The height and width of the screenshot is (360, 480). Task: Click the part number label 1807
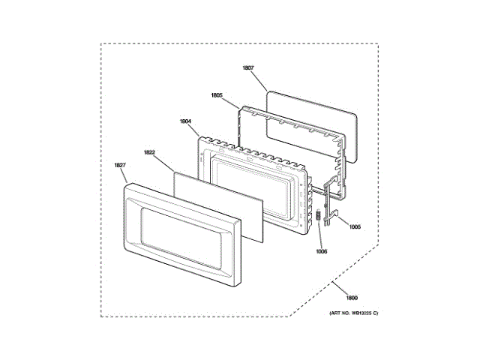pyautogui.click(x=247, y=68)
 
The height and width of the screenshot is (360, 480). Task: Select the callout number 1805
pyautogui.click(x=217, y=95)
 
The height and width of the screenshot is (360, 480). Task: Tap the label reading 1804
pyautogui.click(x=186, y=121)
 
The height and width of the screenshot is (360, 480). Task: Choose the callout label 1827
pyautogui.click(x=119, y=165)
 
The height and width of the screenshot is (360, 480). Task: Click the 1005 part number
pyautogui.click(x=355, y=226)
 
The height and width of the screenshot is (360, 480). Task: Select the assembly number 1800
pyautogui.click(x=342, y=297)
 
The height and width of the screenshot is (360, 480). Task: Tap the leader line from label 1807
pyautogui.click(x=261, y=81)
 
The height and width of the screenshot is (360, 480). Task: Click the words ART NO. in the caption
pyautogui.click(x=335, y=312)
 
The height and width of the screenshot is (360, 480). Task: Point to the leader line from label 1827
pyautogui.click(x=125, y=175)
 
